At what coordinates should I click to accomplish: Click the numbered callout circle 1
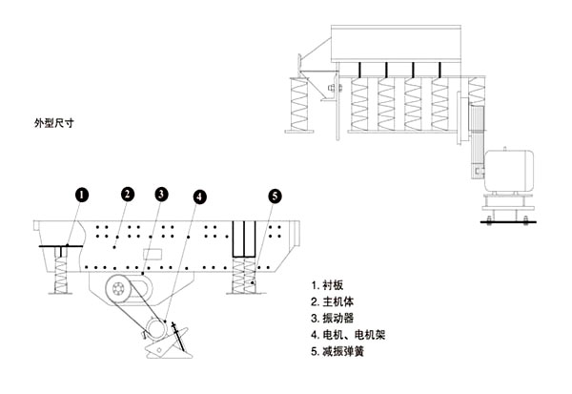pos(82,194)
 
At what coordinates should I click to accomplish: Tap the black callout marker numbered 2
pos(126,194)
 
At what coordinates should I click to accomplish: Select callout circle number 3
pos(161,194)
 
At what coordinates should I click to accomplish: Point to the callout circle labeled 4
pos(199,197)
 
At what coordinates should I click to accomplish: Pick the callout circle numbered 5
pos(275,196)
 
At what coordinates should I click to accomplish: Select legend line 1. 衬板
pos(332,285)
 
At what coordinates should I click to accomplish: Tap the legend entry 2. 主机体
pos(337,301)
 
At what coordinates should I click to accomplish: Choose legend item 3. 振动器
pos(337,319)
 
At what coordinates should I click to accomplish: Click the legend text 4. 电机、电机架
pos(353,336)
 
